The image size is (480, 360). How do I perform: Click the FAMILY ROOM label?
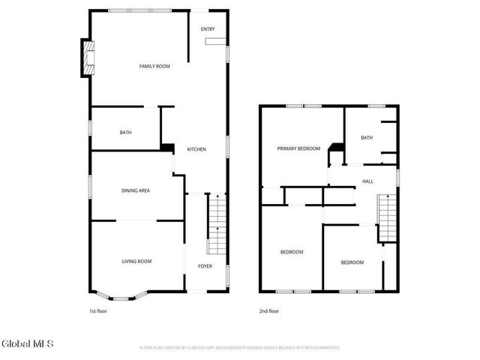pyautogui.click(x=154, y=67)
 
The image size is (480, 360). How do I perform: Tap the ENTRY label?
pyautogui.click(x=208, y=29)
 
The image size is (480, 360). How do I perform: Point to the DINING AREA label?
pyautogui.click(x=136, y=190)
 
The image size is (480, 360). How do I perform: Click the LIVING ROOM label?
pyautogui.click(x=137, y=261)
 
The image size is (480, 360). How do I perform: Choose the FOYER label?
pyautogui.click(x=205, y=266)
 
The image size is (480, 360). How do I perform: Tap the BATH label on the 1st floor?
pyautogui.click(x=125, y=133)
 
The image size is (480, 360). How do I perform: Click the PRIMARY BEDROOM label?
pyautogui.click(x=298, y=148)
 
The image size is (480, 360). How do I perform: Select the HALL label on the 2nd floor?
pyautogui.click(x=367, y=181)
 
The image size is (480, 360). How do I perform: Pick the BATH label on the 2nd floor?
pyautogui.click(x=366, y=137)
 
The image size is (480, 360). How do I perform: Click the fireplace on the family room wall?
pyautogui.click(x=88, y=59)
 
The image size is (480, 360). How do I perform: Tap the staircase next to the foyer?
pyautogui.click(x=216, y=224)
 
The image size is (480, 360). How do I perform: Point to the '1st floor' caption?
pyautogui.click(x=98, y=310)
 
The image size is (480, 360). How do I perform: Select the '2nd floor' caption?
pyautogui.click(x=269, y=310)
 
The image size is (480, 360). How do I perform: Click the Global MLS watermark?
pyautogui.click(x=28, y=344)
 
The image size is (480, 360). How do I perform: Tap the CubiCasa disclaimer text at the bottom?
pyautogui.click(x=240, y=348)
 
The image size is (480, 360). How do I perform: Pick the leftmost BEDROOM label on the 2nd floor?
pyautogui.click(x=292, y=252)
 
